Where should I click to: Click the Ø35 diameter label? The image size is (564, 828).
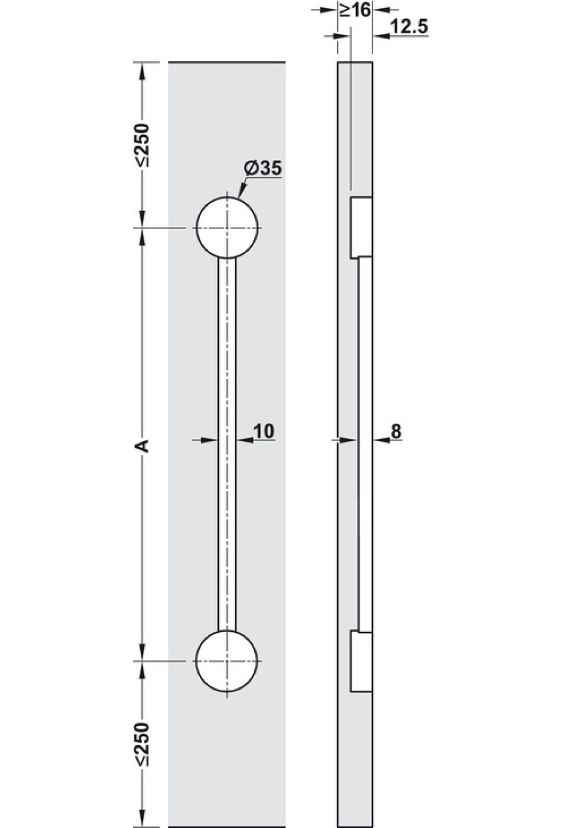click(263, 168)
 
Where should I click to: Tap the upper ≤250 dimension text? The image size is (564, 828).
click(141, 145)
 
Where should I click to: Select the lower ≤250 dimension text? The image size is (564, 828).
click(141, 744)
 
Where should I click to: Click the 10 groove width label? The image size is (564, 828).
click(264, 431)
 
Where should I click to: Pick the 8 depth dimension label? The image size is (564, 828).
click(396, 431)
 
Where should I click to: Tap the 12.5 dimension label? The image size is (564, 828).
click(409, 27)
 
